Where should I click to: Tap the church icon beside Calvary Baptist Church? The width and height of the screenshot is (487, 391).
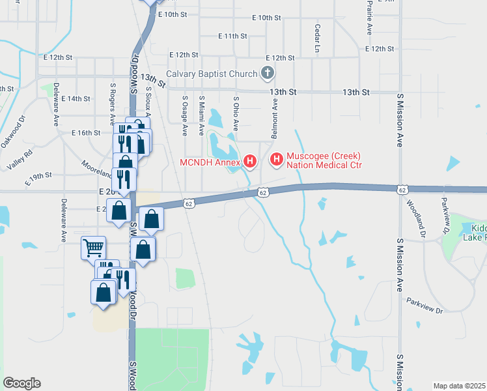pyautogui.click(x=267, y=74)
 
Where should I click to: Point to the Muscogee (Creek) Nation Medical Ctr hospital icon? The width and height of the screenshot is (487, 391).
pyautogui.click(x=276, y=159)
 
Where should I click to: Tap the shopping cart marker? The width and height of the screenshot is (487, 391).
pyautogui.click(x=93, y=248)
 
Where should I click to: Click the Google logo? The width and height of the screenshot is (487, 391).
pyautogui.click(x=21, y=383)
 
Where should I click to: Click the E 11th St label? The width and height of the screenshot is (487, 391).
pyautogui.click(x=232, y=36)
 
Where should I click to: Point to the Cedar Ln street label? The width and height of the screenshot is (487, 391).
pyautogui.click(x=317, y=38)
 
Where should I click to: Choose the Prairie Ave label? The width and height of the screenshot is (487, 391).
pyautogui.click(x=369, y=17)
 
